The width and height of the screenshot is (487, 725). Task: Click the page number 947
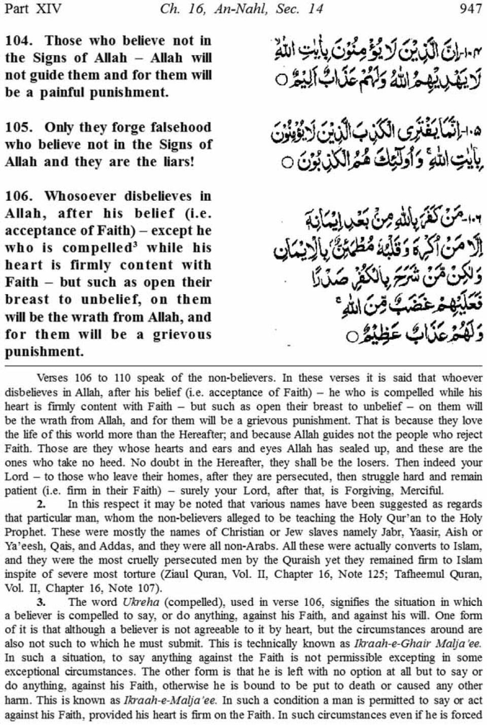(470, 9)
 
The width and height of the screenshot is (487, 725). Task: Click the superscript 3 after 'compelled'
(135, 245)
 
